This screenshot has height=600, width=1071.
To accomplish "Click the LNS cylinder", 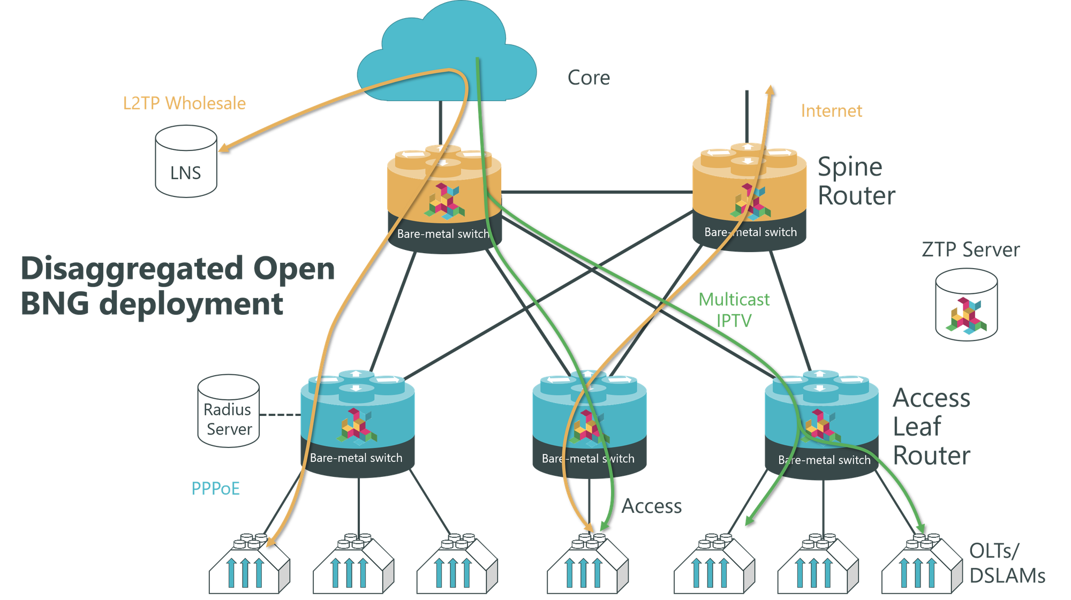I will (186, 162).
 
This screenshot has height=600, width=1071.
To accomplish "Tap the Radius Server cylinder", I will (229, 411).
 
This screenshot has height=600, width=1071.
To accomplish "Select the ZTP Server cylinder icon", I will (967, 305).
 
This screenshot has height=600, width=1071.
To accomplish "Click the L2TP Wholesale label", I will (184, 103).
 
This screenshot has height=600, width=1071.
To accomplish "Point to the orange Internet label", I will (831, 111).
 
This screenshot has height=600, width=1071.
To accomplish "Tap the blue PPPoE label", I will (216, 488).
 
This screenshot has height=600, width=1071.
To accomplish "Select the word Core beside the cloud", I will (589, 78).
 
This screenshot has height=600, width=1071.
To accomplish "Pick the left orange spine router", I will (444, 198).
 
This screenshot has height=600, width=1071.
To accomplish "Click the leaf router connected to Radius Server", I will (357, 423).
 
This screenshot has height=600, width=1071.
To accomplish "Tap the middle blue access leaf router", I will (589, 423).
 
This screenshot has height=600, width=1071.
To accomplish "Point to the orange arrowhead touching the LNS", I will (223, 147).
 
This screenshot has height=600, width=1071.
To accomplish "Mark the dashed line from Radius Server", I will (280, 415).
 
